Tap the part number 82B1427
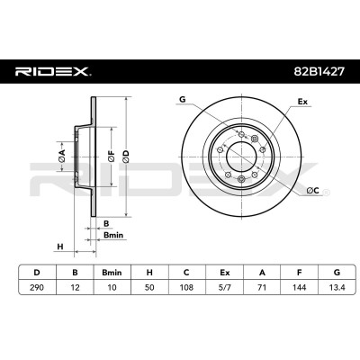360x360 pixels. (318, 72)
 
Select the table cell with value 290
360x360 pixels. (37, 287)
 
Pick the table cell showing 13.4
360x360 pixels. (337, 287)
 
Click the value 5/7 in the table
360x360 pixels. (224, 287)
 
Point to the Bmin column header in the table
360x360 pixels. (112, 273)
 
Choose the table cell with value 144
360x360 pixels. (299, 287)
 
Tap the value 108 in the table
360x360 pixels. (186, 287)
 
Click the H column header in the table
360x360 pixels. (149, 273)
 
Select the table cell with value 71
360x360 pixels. (262, 287)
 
